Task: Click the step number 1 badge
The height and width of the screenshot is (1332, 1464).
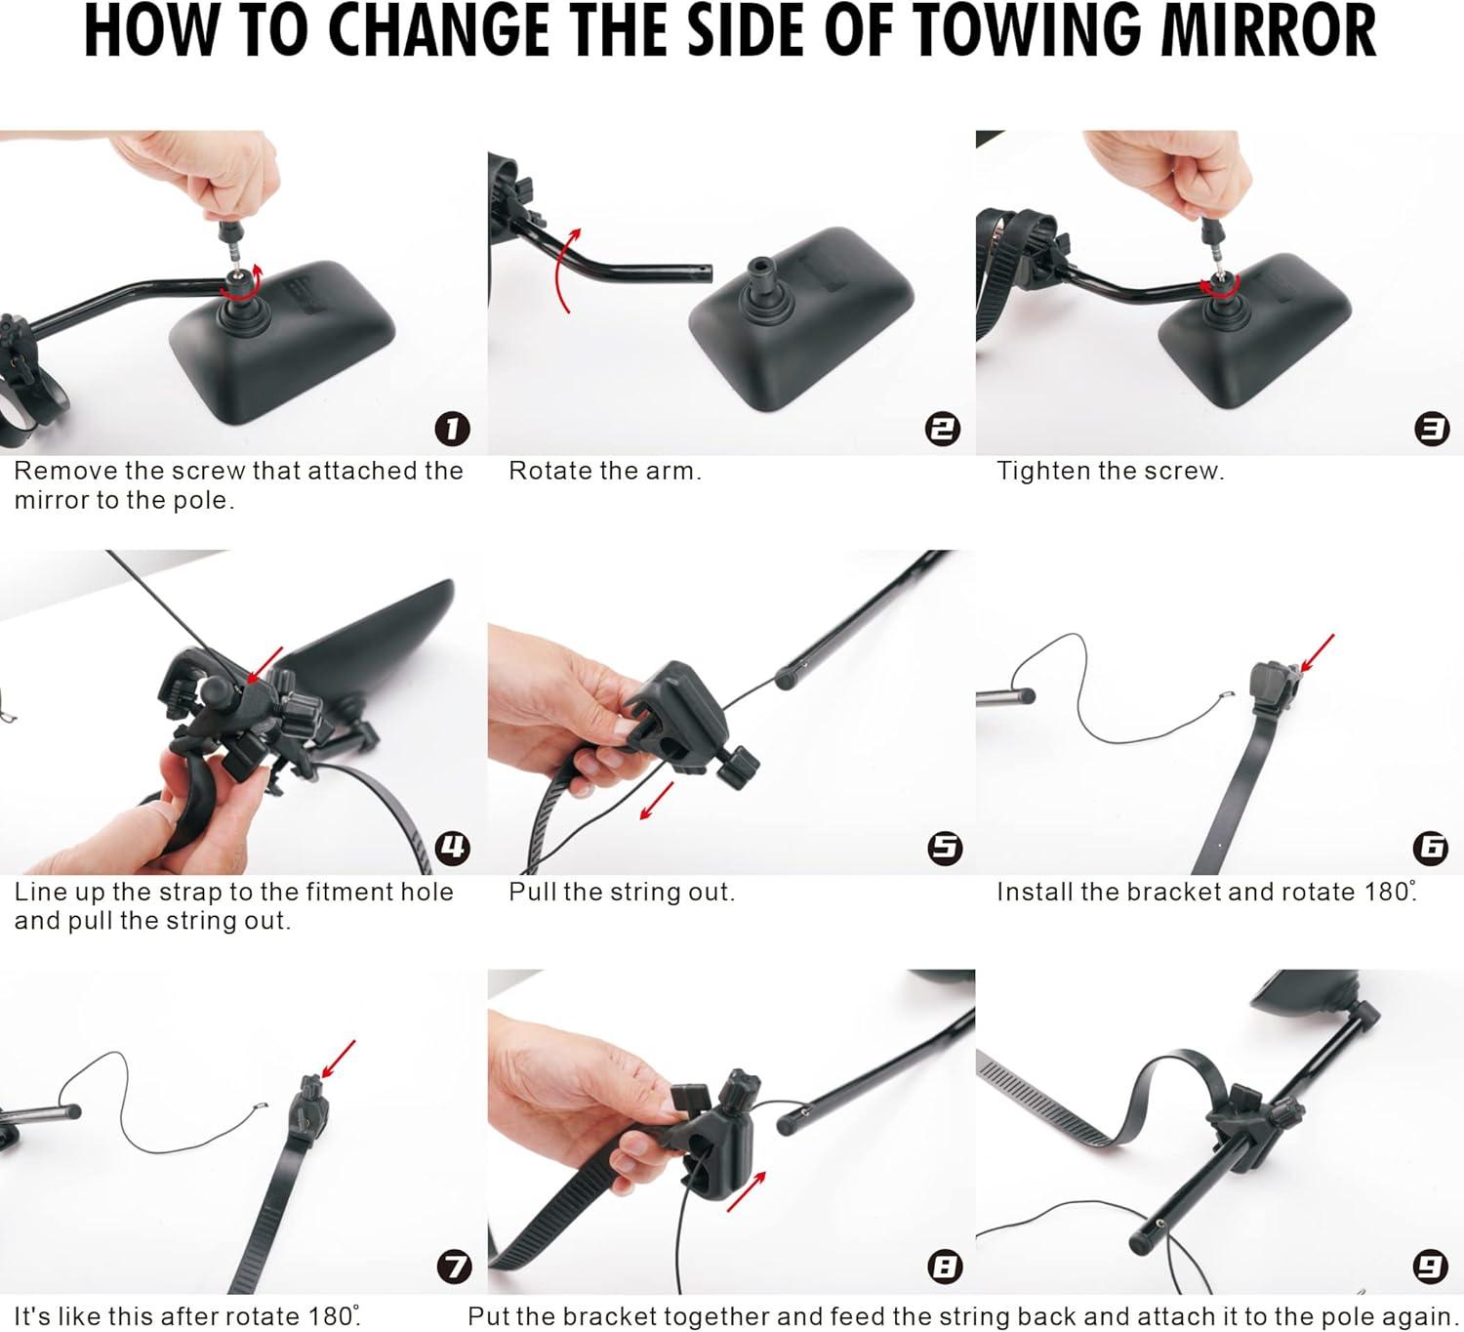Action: pyautogui.click(x=452, y=429)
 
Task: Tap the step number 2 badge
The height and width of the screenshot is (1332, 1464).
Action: pyautogui.click(x=943, y=429)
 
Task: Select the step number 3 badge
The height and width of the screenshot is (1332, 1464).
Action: pyautogui.click(x=1431, y=429)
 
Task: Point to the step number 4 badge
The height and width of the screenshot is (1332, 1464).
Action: pyautogui.click(x=453, y=847)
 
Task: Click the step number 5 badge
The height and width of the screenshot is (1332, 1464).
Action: pyautogui.click(x=944, y=847)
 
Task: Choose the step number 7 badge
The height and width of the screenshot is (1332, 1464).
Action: pyautogui.click(x=453, y=1267)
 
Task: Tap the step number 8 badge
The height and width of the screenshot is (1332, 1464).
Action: pyautogui.click(x=944, y=1267)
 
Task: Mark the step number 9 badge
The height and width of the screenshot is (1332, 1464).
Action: pyautogui.click(x=1431, y=1267)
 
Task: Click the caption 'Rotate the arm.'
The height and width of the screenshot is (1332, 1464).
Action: pyautogui.click(x=604, y=471)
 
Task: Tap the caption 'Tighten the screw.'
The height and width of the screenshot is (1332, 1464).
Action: pyautogui.click(x=1110, y=471)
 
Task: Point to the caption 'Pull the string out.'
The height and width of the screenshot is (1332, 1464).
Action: pyautogui.click(x=622, y=892)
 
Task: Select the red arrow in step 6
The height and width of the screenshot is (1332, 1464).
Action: pyautogui.click(x=1318, y=652)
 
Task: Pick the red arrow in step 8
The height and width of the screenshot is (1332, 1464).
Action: pyautogui.click(x=747, y=1191)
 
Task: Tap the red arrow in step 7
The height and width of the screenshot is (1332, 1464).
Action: pyautogui.click(x=338, y=1060)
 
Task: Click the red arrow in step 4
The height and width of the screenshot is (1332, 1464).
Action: pyautogui.click(x=264, y=665)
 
